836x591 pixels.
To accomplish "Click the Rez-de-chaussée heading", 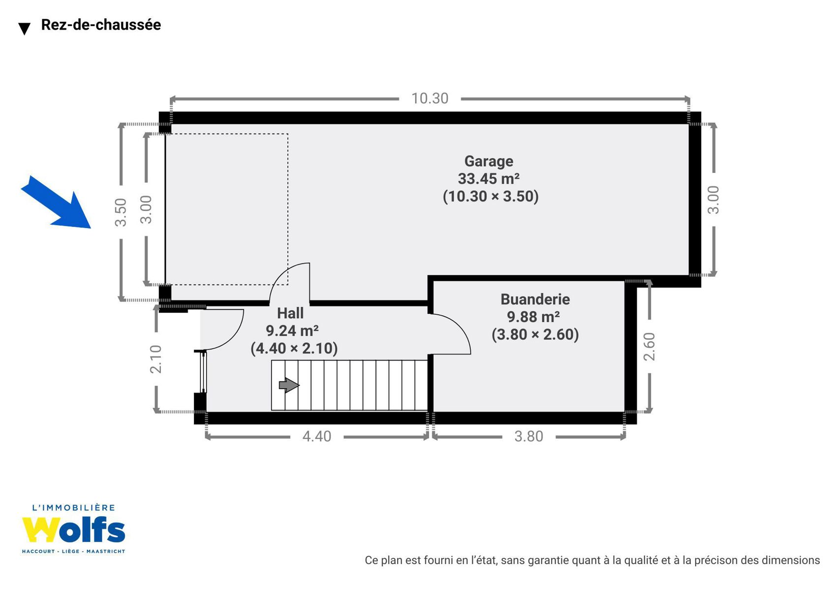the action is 101,25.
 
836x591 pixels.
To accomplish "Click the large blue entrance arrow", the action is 56,202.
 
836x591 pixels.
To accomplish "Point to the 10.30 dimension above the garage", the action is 430,98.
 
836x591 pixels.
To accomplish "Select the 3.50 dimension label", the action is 121,212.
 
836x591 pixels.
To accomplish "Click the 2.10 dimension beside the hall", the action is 155,359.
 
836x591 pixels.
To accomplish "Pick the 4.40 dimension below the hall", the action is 316,436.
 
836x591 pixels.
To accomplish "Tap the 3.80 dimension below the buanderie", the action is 528,436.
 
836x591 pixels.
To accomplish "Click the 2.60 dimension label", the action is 650,346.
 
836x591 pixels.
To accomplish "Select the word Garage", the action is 489,162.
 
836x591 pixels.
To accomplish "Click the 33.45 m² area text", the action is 489,179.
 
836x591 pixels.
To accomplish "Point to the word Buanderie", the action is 535,299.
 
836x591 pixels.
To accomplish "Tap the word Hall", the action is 290,313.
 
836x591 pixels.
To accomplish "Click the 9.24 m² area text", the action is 292,330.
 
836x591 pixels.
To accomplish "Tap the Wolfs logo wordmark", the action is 73,529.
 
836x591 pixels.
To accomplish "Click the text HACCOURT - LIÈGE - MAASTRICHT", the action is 73,552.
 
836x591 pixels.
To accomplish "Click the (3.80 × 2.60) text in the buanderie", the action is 535,334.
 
